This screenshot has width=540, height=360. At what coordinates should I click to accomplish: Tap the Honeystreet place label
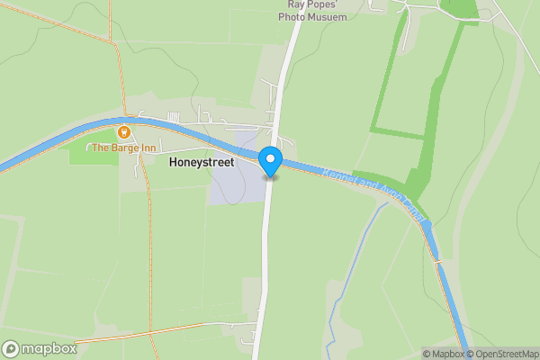pos(202,163)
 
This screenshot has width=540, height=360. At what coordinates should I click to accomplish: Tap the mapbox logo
pos(40,348)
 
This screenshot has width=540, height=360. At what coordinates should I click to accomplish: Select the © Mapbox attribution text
pos(444,353)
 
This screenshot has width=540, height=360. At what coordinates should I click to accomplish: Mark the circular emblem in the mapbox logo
pos(11,348)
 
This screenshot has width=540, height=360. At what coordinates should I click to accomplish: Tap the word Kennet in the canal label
pos(337,174)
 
